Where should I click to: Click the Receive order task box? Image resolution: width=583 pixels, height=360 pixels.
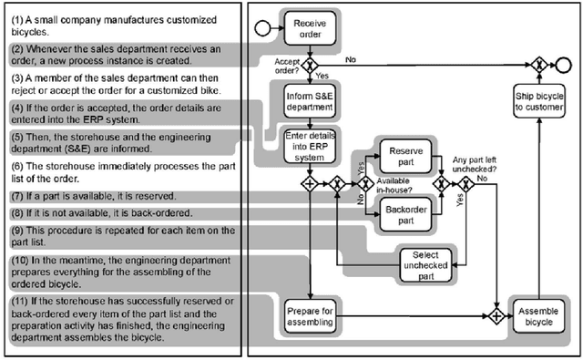311,29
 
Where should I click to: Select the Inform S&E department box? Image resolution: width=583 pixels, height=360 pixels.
311,98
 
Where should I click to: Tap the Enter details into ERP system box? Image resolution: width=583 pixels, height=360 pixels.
311,146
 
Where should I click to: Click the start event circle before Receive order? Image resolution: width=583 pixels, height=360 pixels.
262,28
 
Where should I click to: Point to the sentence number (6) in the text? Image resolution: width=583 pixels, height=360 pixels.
19,159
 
